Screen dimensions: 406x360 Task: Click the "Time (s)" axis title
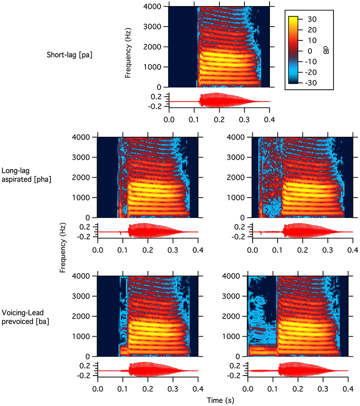click(x=219, y=400)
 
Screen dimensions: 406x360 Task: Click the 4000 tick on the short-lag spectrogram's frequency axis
click(x=153, y=7)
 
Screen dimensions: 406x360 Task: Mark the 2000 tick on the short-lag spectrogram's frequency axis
click(x=153, y=47)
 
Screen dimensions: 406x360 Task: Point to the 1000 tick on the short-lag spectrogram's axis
click(x=153, y=67)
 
